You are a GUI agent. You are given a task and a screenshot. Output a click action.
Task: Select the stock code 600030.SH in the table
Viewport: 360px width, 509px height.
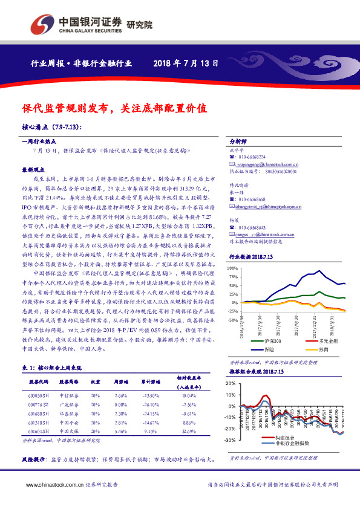(x=38, y=395)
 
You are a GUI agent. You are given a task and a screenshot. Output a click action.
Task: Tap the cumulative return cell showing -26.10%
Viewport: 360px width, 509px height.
(x=151, y=404)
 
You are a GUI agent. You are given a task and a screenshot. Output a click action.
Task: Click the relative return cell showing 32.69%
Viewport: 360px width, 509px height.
(x=190, y=432)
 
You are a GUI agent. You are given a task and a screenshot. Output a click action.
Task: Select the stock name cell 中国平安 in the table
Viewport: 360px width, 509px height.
(x=68, y=423)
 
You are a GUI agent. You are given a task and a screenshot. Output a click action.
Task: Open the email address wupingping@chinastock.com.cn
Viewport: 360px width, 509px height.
(x=266, y=164)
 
